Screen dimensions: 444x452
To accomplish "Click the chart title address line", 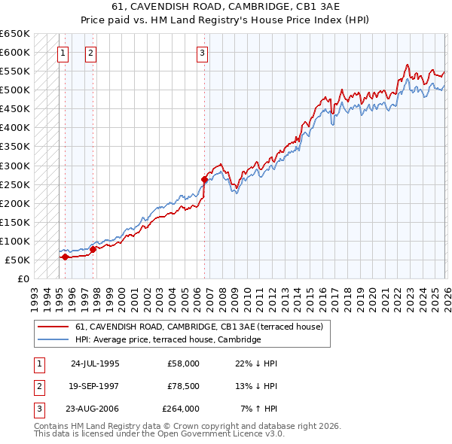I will tap(225, 7).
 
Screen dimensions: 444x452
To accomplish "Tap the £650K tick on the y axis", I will tap(15, 34).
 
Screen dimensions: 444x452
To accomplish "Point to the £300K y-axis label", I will tap(15, 166).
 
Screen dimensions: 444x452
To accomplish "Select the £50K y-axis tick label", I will tap(17, 260).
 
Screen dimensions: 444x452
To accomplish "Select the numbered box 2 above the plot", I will tap(90, 53).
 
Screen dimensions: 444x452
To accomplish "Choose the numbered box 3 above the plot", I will tap(203, 53).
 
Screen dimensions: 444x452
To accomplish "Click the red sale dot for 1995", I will tap(65, 257).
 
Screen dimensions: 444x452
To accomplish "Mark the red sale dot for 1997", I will tap(93, 249).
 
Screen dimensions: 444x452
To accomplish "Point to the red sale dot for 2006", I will tap(204, 179).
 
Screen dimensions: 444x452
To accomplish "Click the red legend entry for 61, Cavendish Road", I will tap(199, 327).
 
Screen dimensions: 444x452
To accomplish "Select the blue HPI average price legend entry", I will tap(167, 339).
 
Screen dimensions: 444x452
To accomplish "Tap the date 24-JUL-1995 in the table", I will tap(95, 363).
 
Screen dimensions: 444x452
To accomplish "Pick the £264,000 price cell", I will tap(181, 409).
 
